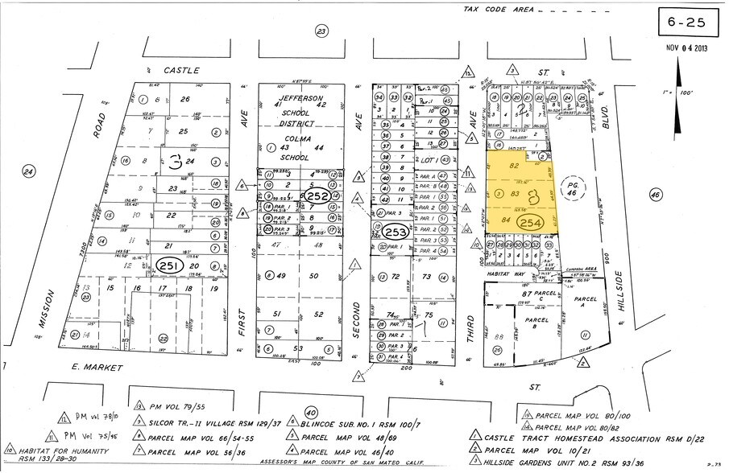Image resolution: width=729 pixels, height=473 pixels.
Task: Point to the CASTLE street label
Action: pyautogui.click(x=181, y=71)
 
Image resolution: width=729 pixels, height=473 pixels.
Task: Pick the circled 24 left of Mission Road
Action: pyautogui.click(x=28, y=171)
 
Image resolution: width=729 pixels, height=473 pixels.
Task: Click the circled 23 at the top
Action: pyautogui.click(x=322, y=31)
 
